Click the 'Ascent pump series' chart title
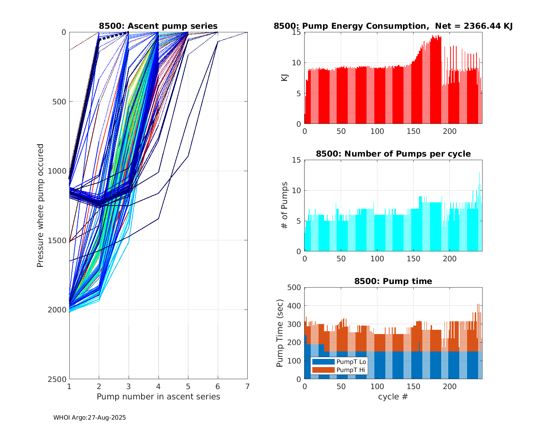(x=158, y=26)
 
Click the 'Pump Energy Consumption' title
(x=393, y=26)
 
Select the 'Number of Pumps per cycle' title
(x=393, y=154)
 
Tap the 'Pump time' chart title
(x=393, y=281)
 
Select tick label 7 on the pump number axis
(x=247, y=386)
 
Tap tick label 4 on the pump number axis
(x=158, y=386)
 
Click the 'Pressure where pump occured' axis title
(x=41, y=205)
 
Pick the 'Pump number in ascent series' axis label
(x=158, y=397)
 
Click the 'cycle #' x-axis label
(x=393, y=397)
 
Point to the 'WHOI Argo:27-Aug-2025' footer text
(x=90, y=417)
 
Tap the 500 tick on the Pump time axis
(x=296, y=288)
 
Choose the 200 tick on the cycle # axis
(x=449, y=386)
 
